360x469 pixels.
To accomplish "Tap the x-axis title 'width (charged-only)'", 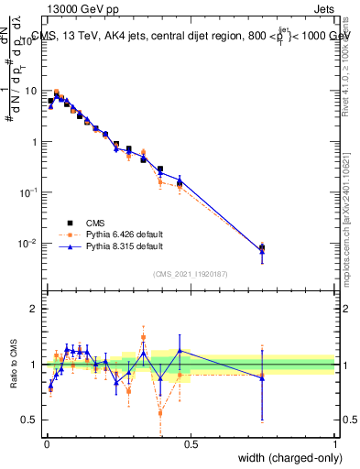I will tap(283, 459).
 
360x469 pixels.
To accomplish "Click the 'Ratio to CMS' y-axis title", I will tap(14, 364).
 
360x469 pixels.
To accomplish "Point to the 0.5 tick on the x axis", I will tap(191, 444).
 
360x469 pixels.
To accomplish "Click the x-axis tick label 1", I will tap(334, 444).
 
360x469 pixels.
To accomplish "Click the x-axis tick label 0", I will tap(47, 444).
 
